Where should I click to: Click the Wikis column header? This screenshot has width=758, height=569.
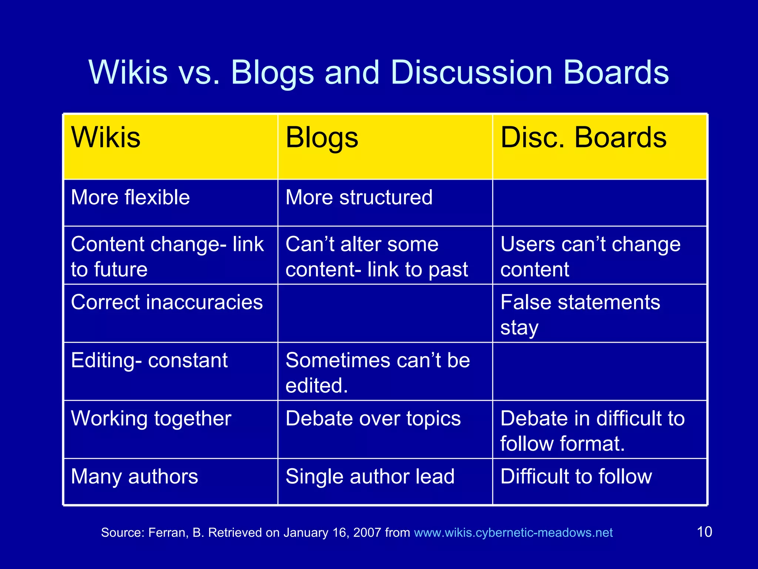pos(106,138)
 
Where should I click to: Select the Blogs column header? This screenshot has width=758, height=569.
pos(322,138)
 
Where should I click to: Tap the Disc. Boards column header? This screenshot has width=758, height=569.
pos(583,138)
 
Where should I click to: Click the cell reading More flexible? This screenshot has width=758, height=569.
pos(130,197)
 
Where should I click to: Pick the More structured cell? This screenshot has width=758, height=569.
pos(359,197)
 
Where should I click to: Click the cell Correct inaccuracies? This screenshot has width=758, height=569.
pos(167,302)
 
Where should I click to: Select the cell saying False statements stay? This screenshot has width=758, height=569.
pos(580,314)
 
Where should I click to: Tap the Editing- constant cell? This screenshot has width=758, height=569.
pos(149,360)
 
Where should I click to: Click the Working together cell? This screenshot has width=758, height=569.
pos(151,419)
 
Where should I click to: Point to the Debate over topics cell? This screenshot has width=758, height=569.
pos(373,419)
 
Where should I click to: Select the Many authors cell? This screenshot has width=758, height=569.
pos(134,477)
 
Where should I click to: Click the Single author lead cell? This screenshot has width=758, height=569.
pos(370,477)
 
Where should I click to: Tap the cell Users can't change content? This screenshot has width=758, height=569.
pos(590,256)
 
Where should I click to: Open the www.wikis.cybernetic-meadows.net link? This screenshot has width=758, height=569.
pos(513,533)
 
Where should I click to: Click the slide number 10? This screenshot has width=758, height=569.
pos(704,532)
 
